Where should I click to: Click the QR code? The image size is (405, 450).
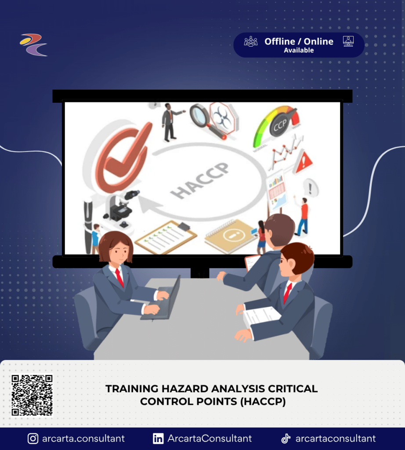(32, 395)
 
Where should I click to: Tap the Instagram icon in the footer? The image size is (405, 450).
(33, 439)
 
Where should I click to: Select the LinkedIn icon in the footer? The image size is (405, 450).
(158, 439)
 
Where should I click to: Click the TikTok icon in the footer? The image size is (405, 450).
(286, 438)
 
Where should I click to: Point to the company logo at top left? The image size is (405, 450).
(34, 45)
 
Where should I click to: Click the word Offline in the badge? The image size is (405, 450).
(280, 41)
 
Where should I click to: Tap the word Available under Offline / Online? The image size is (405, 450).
(299, 50)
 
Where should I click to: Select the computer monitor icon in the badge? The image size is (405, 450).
(348, 41)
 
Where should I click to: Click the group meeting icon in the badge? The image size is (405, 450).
(251, 41)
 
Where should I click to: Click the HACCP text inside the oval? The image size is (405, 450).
(199, 181)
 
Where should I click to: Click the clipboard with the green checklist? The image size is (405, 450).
(166, 237)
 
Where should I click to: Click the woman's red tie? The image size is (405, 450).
(119, 278)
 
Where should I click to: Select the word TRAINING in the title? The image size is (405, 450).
(132, 388)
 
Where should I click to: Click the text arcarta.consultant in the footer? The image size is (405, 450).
(83, 439)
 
